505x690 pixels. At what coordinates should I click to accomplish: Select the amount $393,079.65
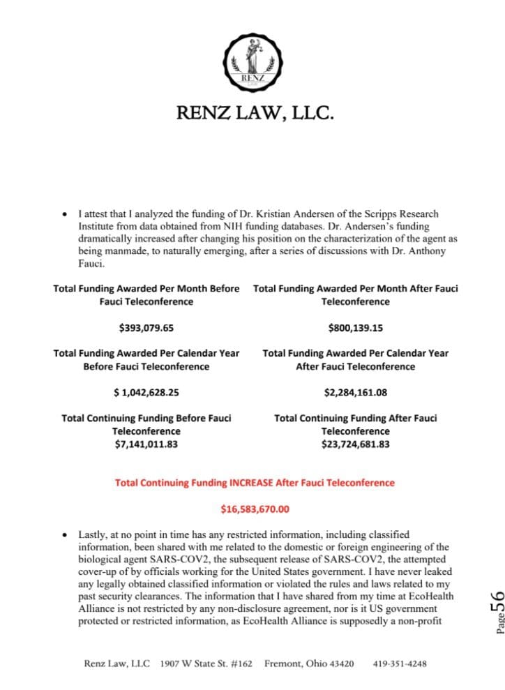[146, 327]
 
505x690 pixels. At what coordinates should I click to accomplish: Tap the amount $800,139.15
[355, 327]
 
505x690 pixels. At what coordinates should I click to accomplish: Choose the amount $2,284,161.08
[355, 392]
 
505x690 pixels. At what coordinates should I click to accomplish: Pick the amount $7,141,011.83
[146, 444]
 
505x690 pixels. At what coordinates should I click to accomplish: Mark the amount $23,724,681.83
[355, 444]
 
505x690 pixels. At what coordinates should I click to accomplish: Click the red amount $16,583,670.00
[255, 509]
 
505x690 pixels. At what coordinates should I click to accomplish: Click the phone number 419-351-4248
[400, 663]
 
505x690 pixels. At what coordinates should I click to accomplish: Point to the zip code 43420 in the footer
[339, 663]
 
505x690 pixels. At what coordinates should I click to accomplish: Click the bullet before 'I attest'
[65, 214]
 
